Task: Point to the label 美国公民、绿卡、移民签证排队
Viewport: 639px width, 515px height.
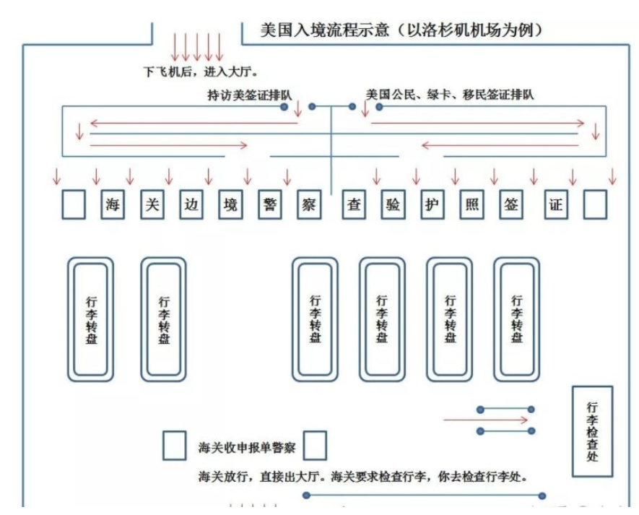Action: point(449,95)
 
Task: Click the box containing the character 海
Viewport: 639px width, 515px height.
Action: point(113,204)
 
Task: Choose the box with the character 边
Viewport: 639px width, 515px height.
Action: point(191,204)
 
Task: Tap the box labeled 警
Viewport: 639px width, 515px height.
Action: point(270,204)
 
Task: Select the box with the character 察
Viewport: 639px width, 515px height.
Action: point(309,204)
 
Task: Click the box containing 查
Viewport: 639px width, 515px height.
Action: point(354,204)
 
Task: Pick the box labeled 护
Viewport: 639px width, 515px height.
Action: point(432,204)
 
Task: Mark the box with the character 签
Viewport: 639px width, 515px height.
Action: point(511,204)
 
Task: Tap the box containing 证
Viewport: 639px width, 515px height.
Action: point(555,204)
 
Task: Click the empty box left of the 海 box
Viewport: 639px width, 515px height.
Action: point(74,204)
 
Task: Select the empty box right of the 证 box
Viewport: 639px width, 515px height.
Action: point(595,204)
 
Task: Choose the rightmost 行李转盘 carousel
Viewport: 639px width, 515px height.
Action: point(517,319)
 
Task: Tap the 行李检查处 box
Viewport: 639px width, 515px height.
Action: point(592,431)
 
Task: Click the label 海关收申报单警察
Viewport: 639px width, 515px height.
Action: point(247,447)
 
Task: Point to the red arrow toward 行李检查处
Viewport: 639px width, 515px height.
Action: point(485,420)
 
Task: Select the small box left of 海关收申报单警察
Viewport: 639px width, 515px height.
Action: point(174,446)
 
